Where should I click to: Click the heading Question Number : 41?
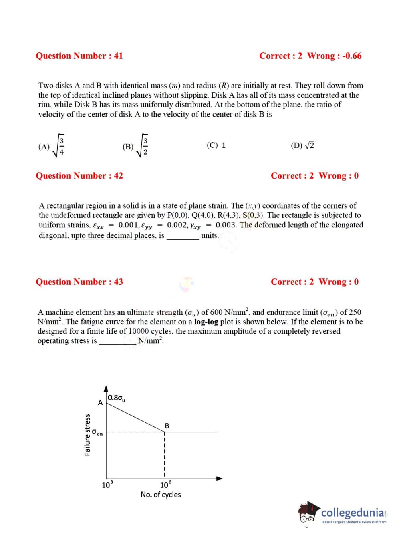pos(79,56)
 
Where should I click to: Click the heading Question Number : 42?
pos(79,176)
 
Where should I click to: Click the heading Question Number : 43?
pos(79,282)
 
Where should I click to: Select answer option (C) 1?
pos(216,145)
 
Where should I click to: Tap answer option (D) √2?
pos(303,145)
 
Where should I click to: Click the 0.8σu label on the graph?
pos(117,398)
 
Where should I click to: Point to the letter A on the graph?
pos(100,403)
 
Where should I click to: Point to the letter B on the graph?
pos(167,426)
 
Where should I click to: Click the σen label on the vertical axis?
pos(97,433)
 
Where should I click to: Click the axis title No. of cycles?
pos(161,495)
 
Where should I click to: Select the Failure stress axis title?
pos(87,435)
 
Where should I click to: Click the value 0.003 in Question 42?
pos(226,225)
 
